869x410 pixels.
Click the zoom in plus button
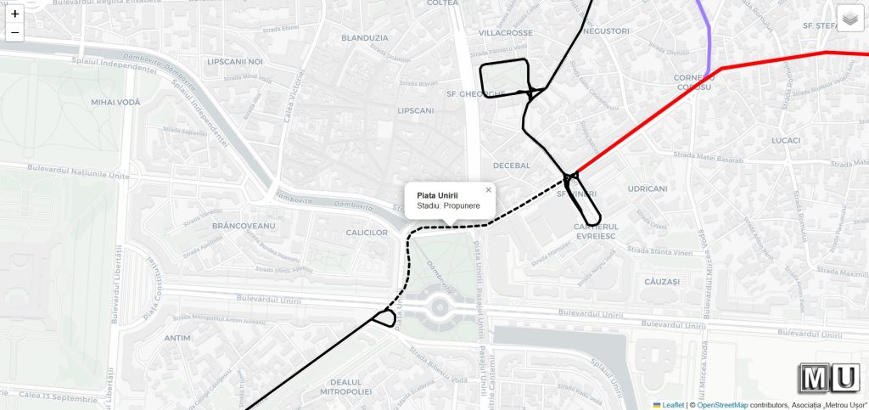(x=14, y=14)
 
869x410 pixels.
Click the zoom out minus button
(x=14, y=33)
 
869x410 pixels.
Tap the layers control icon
(x=849, y=18)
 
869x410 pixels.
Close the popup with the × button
(x=488, y=190)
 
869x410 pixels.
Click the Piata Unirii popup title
(x=437, y=195)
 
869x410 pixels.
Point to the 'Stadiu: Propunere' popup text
(x=448, y=206)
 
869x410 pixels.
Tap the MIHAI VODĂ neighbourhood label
(x=115, y=102)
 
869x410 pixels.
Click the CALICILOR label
(x=367, y=233)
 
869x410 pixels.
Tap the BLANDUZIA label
(x=364, y=37)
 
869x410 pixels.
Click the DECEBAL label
(x=511, y=166)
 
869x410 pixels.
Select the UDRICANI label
(x=647, y=188)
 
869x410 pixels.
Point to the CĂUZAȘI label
(x=662, y=281)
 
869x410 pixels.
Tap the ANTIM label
(x=177, y=338)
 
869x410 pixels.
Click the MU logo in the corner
(x=829, y=378)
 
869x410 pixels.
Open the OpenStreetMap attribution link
(x=722, y=405)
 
